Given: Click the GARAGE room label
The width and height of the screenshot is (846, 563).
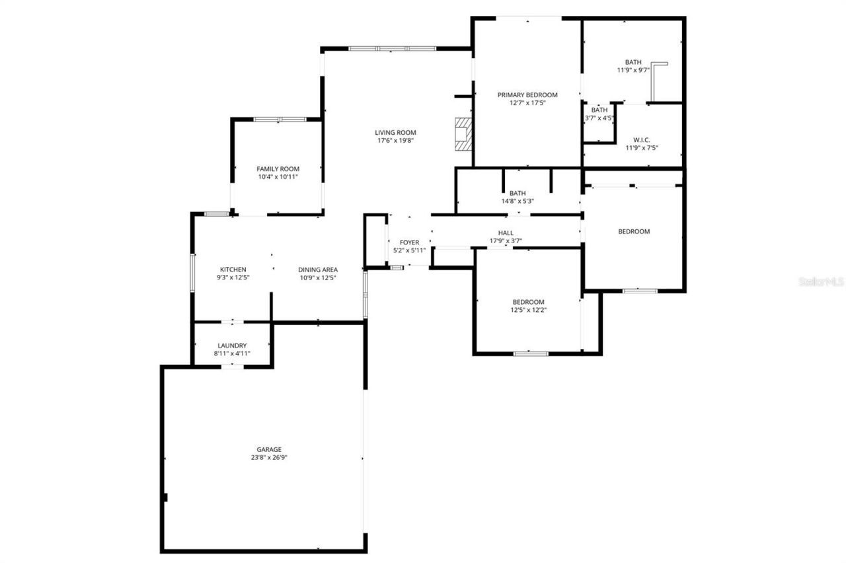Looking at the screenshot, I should tap(269, 449).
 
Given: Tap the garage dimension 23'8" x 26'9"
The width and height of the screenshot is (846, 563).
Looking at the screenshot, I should tap(269, 457).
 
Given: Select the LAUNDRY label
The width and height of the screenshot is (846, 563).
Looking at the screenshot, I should tap(232, 346).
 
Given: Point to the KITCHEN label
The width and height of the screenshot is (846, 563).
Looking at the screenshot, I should tap(233, 270).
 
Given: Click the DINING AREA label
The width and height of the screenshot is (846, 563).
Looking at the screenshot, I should tap(318, 270).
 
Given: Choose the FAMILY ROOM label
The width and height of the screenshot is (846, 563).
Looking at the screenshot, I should tap(278, 169).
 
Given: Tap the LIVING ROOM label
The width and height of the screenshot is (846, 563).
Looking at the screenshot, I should tap(396, 133).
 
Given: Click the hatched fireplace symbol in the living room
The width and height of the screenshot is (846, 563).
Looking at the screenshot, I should tap(465, 135).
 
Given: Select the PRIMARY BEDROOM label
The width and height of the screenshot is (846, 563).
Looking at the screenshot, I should tap(527, 94).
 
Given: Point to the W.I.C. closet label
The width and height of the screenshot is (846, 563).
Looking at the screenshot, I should tap(641, 139).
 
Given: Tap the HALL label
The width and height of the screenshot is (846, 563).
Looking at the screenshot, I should tap(506, 233).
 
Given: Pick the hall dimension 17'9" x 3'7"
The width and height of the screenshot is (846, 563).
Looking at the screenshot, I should tap(506, 241).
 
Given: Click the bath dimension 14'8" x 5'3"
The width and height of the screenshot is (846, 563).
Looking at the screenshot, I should tap(518, 201).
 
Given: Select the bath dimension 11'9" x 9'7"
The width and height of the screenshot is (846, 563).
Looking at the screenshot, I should tap(633, 70).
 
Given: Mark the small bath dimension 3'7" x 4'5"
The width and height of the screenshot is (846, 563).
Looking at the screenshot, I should tap(599, 118).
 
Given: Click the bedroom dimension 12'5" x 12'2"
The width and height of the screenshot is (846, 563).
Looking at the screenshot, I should tap(529, 309).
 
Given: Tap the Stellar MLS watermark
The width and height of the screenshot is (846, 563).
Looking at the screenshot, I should tap(821, 281).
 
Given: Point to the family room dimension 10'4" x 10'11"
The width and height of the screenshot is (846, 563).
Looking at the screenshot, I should tap(278, 177).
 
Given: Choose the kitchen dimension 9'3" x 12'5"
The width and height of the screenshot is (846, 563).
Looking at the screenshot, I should tap(233, 278).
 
